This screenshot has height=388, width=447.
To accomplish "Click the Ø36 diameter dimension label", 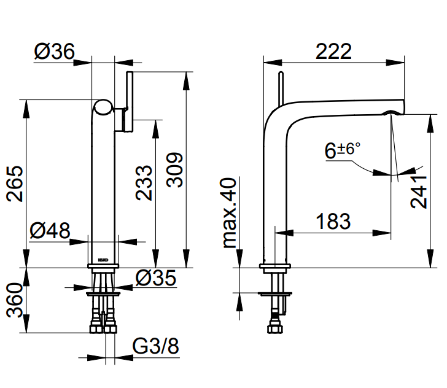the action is (55, 52).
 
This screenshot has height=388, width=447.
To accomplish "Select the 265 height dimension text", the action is (15, 184).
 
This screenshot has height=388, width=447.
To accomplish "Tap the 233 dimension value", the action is (144, 183).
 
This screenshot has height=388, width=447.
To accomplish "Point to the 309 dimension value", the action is (174, 170).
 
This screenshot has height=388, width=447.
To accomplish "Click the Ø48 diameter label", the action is (50, 230).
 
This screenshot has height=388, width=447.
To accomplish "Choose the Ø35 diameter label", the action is (156, 278).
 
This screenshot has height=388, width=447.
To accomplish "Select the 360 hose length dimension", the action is (15, 300).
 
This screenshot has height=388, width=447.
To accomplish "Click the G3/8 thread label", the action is (156, 346).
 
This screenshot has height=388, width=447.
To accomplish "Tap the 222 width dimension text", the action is (333, 52).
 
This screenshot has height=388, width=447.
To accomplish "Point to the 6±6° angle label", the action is (343, 150).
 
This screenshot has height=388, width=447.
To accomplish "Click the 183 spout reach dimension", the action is (333, 221).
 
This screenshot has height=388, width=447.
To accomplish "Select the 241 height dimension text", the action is (419, 192).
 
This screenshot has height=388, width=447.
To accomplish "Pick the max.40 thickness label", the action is (230, 212).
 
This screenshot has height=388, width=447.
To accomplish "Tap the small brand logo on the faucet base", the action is (103, 260).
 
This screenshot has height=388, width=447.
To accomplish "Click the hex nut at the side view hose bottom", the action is (275, 328).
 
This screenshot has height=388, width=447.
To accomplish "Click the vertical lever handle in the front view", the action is (130, 101).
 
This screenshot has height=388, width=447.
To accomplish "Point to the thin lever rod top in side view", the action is (281, 73).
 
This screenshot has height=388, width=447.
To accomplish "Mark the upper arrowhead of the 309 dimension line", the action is (186, 80).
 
